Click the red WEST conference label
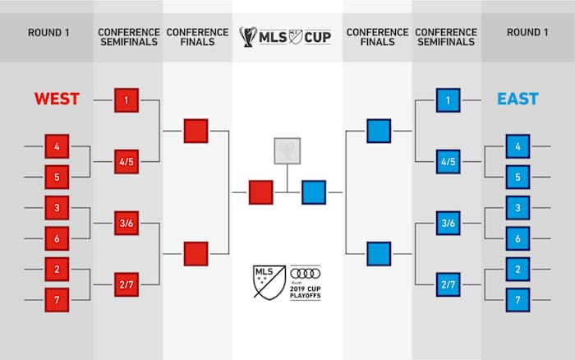tap(57, 99)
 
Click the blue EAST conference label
tap(517, 99)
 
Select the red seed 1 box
tap(126, 100)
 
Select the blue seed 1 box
tap(448, 100)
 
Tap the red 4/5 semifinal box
tap(126, 162)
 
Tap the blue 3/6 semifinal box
tap(448, 223)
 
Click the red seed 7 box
tap(57, 299)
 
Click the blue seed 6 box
tap(517, 238)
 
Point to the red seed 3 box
tap(57, 208)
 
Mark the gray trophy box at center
tap(286, 150)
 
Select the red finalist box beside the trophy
tap(260, 192)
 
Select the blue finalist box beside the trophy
tap(314, 192)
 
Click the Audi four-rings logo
tap(306, 273)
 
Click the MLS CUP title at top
tap(287, 37)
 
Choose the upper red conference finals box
tap(195, 131)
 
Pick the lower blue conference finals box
tap(379, 253)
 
